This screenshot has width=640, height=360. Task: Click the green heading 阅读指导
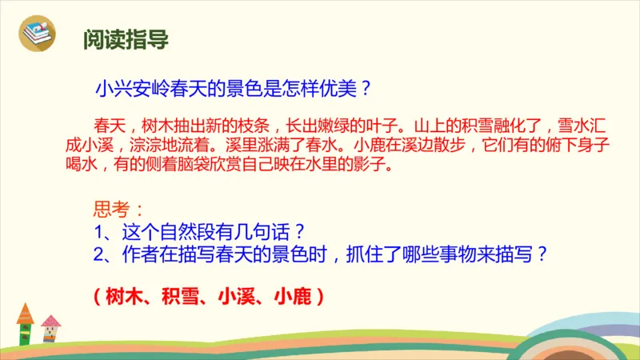(x=126, y=39)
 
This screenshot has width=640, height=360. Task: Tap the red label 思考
(x=111, y=210)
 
